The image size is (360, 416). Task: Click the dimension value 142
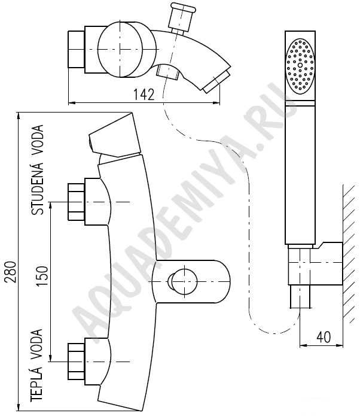[x=144, y=95]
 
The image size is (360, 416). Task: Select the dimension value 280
[x=11, y=272]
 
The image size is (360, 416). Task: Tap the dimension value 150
[x=42, y=276]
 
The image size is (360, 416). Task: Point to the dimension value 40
[x=324, y=337]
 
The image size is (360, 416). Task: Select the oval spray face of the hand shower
[x=300, y=66]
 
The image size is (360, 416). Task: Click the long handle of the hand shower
[x=300, y=172]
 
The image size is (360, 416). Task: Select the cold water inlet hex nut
[x=77, y=202]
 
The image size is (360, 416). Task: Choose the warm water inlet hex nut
[x=77, y=362]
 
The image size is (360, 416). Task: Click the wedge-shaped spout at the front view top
[x=114, y=135]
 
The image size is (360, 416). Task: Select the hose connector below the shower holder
[x=300, y=297]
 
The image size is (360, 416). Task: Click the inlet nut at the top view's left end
[x=77, y=49]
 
